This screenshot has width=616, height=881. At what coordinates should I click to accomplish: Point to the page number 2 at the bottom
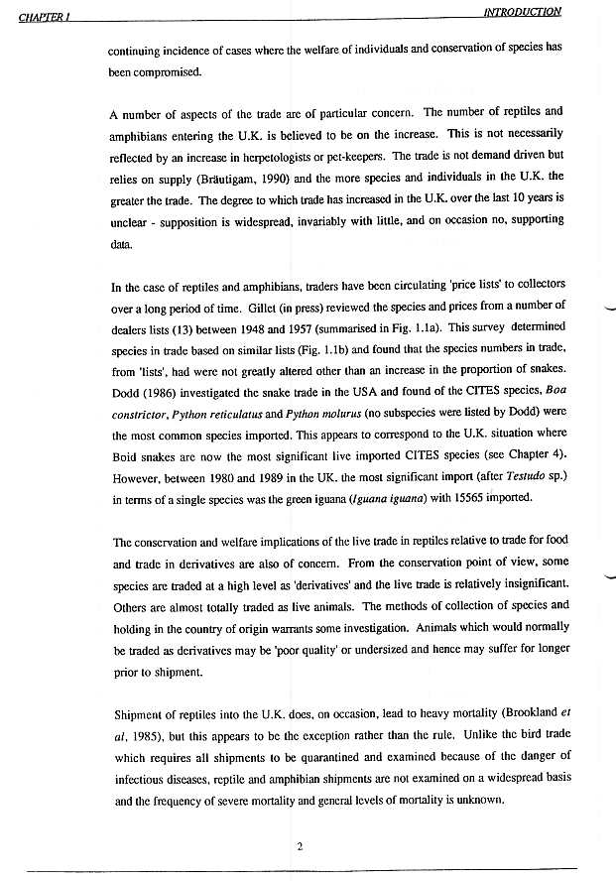[299, 845]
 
